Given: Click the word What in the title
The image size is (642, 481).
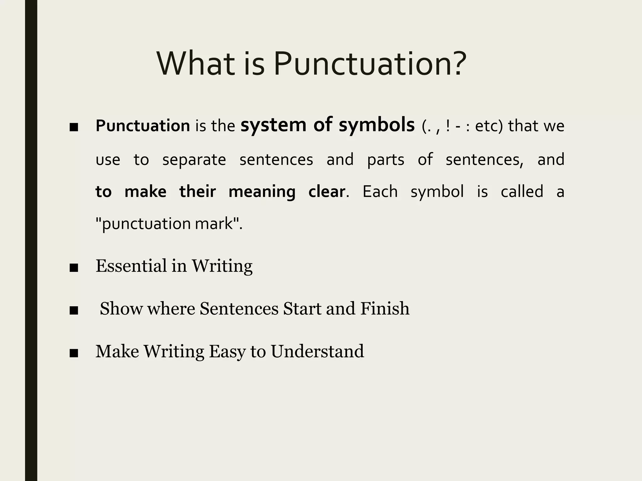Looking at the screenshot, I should [196, 64].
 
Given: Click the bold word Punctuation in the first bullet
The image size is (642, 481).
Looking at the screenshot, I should [143, 126].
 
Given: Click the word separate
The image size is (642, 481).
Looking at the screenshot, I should [194, 160].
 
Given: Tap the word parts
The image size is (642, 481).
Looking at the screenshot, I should [386, 160].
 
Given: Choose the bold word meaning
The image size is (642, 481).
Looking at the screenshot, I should [262, 192].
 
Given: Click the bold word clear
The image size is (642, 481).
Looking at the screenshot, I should [327, 192].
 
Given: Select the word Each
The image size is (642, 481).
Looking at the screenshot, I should [380, 192].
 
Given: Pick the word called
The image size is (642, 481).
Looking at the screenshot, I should [522, 192].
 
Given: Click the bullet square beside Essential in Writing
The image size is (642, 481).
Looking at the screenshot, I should [74, 268].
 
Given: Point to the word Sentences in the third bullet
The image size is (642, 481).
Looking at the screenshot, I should [239, 308].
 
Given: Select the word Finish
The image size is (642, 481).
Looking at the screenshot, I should [385, 308].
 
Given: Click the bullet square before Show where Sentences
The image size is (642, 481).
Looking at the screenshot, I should [74, 311].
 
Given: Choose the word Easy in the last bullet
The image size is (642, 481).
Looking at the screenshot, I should [227, 352].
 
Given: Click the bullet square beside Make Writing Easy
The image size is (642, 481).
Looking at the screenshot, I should [74, 353].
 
